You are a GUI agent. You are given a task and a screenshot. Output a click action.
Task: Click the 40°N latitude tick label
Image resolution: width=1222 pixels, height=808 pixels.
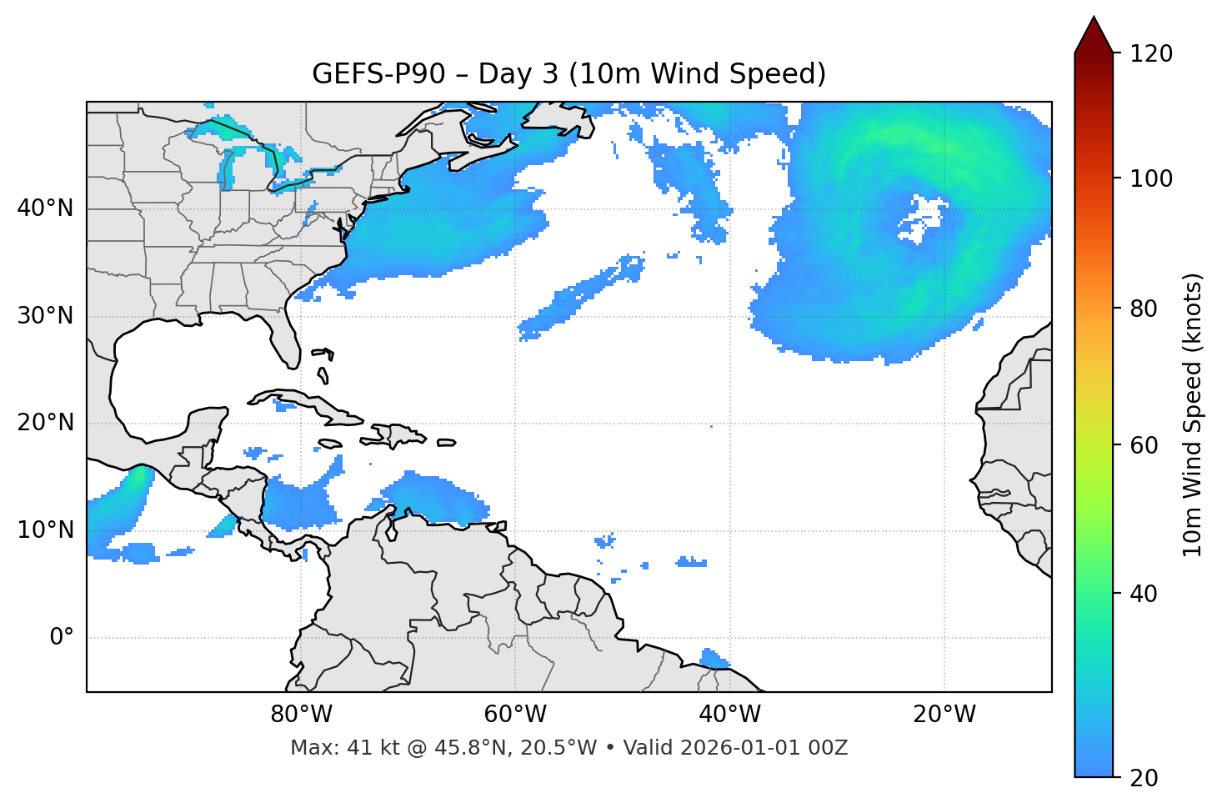click(x=45, y=208)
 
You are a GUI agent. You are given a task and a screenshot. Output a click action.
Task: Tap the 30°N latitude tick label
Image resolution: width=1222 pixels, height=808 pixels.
click(x=45, y=316)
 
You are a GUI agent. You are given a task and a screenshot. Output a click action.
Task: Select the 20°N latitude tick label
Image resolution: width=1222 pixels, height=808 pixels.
click(x=45, y=423)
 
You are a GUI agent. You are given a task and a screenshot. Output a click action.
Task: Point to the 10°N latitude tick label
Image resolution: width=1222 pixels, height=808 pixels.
click(x=45, y=530)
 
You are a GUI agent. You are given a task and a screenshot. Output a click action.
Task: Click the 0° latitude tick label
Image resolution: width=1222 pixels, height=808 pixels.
click(x=62, y=638)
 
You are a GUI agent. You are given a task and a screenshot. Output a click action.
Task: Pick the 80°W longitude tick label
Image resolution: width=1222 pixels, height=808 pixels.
click(x=301, y=715)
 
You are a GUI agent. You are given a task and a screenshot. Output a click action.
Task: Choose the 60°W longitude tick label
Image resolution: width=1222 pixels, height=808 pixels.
click(x=515, y=715)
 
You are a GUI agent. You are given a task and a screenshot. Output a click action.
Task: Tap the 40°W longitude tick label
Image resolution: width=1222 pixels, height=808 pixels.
click(x=729, y=715)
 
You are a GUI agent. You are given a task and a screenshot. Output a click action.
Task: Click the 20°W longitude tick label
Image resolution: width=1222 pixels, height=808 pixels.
click(x=944, y=715)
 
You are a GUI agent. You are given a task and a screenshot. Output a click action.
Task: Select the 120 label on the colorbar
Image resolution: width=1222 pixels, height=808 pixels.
click(x=1150, y=54)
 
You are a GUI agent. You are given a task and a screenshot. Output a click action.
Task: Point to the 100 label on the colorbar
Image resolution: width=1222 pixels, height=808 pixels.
click(x=1150, y=178)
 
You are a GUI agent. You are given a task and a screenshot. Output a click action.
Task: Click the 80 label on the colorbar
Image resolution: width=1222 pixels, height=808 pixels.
click(x=1144, y=309)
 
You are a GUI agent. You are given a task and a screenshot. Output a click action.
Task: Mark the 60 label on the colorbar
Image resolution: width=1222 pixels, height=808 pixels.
click(x=1144, y=445)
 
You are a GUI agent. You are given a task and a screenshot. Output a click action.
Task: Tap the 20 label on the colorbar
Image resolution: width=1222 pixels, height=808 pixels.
click(x=1144, y=778)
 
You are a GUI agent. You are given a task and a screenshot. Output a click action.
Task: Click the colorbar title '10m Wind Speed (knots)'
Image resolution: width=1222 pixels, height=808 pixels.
click(x=1193, y=415)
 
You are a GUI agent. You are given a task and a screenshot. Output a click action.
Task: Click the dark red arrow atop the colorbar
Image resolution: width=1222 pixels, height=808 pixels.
click(x=1094, y=36)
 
